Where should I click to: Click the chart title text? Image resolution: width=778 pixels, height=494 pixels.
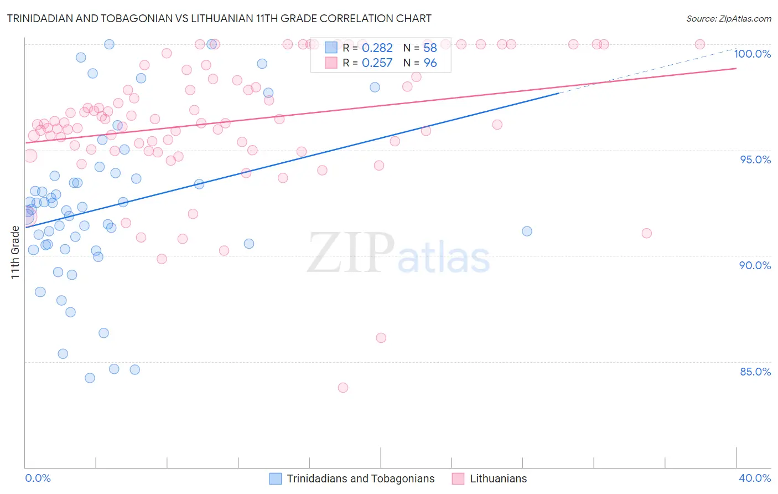pyautogui.click(x=219, y=18)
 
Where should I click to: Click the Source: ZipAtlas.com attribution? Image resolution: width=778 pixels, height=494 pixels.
pyautogui.click(x=728, y=18)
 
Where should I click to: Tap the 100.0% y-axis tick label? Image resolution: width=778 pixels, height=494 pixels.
pyautogui.click(x=752, y=54)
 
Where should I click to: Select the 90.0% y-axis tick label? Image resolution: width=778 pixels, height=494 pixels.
pyautogui.click(x=755, y=265)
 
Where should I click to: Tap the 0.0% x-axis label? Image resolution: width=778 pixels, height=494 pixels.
pyautogui.click(x=38, y=478)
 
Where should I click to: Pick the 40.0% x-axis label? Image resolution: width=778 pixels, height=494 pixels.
pyautogui.click(x=755, y=478)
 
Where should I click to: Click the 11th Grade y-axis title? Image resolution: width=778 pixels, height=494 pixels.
pyautogui.click(x=15, y=252)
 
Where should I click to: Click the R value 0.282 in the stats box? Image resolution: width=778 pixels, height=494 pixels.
pyautogui.click(x=377, y=48)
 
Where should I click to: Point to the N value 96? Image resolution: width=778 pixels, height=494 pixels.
pyautogui.click(x=430, y=63)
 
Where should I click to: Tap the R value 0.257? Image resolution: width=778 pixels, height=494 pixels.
pyautogui.click(x=377, y=63)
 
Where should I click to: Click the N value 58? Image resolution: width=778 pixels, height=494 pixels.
pyautogui.click(x=430, y=48)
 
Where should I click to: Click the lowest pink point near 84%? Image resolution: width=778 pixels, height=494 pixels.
pyautogui.click(x=343, y=388)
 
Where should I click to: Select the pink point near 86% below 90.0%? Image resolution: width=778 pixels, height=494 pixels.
pyautogui.click(x=381, y=338)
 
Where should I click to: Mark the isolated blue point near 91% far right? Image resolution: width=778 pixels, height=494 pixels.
pyautogui.click(x=527, y=231)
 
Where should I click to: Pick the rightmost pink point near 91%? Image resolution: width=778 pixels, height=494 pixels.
pyautogui.click(x=646, y=233)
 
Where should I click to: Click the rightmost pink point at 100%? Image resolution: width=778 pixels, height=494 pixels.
pyautogui.click(x=699, y=44)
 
